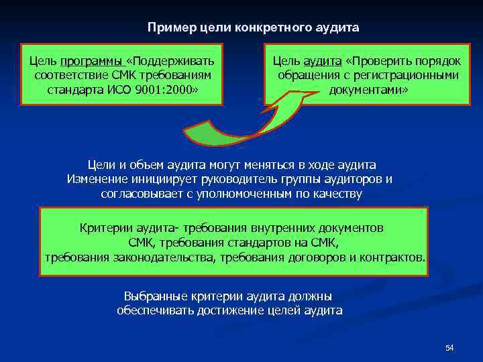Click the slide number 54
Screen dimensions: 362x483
tap(449, 348)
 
